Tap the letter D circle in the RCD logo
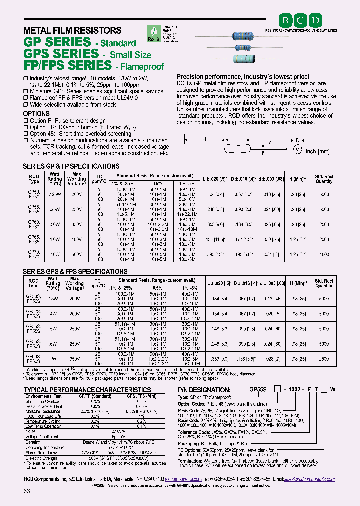pos(317,21)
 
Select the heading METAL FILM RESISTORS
pos(72,30)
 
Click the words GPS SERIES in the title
pos(61,53)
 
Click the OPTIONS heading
pos(36,114)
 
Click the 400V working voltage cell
pos(76,239)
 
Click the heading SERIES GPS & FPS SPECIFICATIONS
pos(75,271)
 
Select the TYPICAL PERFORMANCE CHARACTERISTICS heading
pos(87,389)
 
